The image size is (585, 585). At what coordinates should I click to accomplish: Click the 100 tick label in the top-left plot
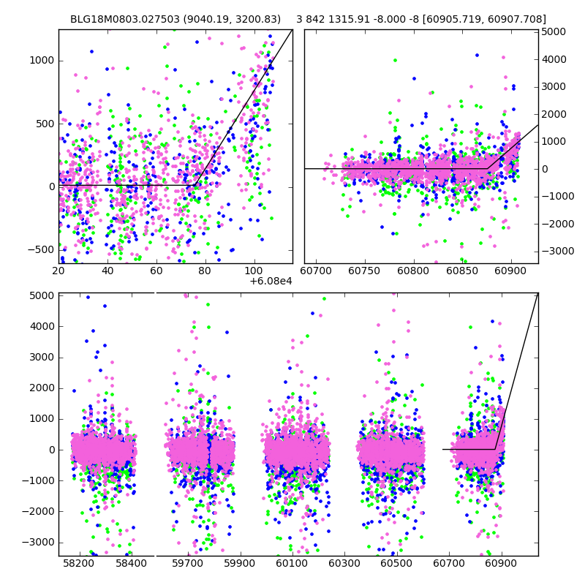coord(254,271)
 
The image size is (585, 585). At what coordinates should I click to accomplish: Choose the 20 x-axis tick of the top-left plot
coord(58,271)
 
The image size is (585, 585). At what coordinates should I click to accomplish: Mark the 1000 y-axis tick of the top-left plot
coord(42,60)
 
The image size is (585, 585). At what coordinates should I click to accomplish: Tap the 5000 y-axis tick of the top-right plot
coord(554,32)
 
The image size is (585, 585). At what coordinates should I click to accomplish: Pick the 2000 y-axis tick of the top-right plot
coord(554,114)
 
